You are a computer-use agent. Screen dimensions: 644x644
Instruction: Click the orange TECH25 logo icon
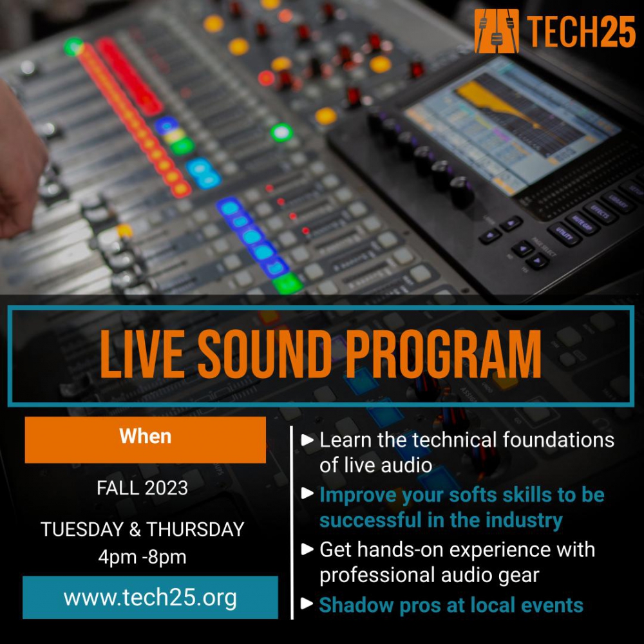pos(496,31)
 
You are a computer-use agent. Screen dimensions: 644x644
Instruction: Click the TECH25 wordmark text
pos(581,32)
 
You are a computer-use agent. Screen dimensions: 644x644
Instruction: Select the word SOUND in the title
pos(264,354)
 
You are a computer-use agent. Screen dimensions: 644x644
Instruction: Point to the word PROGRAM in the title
pos(444,354)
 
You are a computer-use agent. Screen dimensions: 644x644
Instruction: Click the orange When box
pos(146,440)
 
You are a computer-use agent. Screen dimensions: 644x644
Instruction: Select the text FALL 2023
pos(142,488)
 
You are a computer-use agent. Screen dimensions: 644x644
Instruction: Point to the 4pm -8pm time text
pos(142,557)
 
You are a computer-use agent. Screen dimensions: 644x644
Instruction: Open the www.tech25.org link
pos(150,598)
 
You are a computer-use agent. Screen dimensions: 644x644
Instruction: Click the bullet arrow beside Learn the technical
pos(307,440)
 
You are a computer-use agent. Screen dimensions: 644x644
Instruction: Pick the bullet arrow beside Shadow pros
pos(307,603)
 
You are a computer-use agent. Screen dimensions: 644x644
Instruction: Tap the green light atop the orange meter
pos(73,46)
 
